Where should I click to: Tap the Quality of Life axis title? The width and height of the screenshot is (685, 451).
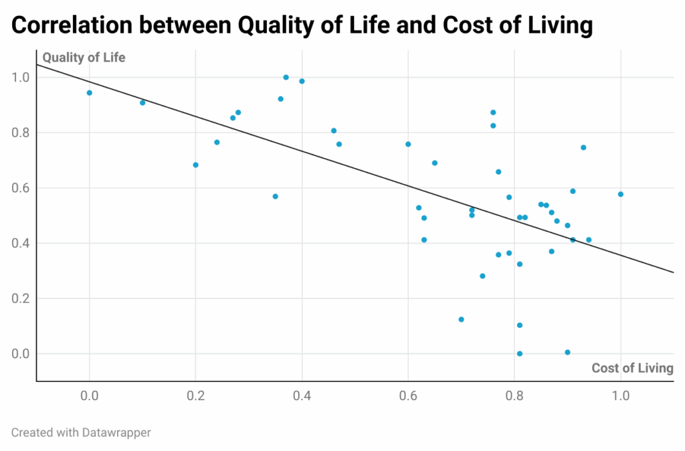[84, 58]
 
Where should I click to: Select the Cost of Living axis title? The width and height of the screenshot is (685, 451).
[632, 368]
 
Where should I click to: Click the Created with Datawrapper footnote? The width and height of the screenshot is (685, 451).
[81, 432]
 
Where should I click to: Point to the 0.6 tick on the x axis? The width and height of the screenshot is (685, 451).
[408, 395]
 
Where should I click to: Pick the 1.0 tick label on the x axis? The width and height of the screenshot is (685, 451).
[621, 395]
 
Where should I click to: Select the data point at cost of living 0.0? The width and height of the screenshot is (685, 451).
[89, 93]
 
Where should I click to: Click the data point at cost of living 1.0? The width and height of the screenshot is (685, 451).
[621, 194]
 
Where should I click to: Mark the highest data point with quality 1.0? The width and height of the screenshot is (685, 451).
[286, 78]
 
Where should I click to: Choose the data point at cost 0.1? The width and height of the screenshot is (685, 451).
[142, 102]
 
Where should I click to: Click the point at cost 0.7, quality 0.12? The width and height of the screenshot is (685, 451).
[461, 319]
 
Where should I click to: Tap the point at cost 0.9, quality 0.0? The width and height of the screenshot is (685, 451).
[567, 352]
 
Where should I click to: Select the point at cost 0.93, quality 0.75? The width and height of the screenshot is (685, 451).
[583, 147]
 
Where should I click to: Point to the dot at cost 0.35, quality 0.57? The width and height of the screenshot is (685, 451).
[275, 196]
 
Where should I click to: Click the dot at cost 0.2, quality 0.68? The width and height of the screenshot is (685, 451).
[195, 165]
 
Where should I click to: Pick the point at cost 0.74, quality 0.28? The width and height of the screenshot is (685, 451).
[482, 276]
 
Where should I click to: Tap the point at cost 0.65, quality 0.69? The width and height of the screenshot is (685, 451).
[435, 163]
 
